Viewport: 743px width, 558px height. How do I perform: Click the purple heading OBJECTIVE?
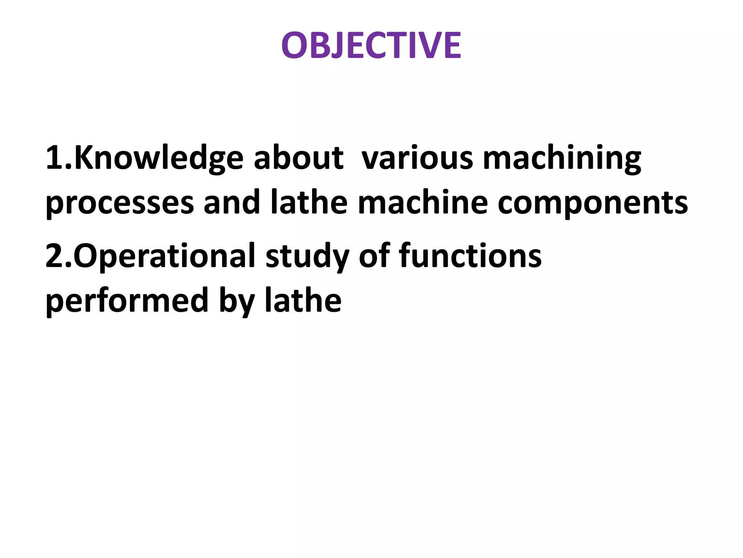tap(371, 45)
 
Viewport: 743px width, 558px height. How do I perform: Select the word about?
tap(298, 158)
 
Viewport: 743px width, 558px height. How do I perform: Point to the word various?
tap(417, 158)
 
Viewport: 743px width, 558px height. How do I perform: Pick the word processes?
tap(120, 203)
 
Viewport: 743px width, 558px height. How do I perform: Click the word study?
tap(307, 256)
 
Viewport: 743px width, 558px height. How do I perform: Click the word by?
tap(237, 301)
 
